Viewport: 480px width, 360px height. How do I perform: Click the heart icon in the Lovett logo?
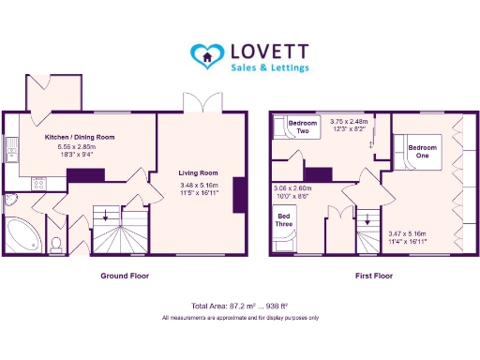203,55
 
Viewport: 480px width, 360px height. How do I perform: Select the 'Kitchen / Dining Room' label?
80,137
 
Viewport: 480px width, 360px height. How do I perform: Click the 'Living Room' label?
198,172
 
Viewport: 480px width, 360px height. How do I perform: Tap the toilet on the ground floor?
56,245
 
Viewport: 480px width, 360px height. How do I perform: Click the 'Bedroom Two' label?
303,127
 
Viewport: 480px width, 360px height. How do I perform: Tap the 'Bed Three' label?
283,221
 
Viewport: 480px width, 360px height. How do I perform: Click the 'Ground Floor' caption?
125,277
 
